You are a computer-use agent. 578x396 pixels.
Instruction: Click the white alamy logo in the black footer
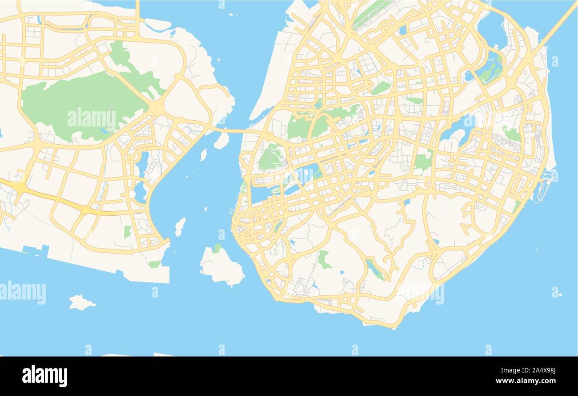point(44,376)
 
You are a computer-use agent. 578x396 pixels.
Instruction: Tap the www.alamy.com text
point(524,381)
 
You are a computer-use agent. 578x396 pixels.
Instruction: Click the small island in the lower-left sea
point(81,303)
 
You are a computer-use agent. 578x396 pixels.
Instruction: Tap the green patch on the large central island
point(217,248)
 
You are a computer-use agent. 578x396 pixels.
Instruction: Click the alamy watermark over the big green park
point(92,119)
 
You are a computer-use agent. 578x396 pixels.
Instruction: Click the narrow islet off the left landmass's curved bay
point(180,226)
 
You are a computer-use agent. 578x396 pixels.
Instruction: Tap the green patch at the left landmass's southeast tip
point(154,264)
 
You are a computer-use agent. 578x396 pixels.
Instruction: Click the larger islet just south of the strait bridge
point(221,141)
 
